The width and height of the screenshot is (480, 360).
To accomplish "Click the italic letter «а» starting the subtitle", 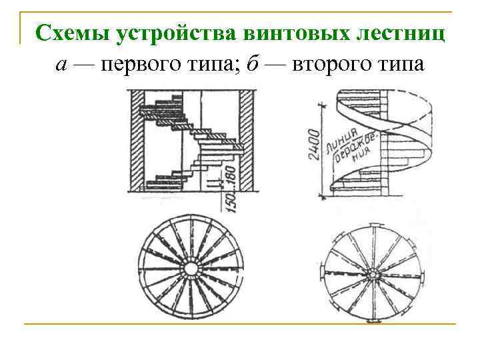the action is [x=61, y=66].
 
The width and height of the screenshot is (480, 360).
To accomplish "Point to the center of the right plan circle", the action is [x=370, y=273].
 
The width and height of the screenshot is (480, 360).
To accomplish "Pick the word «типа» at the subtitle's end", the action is [x=399, y=66].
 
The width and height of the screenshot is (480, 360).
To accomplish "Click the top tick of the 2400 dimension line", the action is [x=324, y=105].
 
